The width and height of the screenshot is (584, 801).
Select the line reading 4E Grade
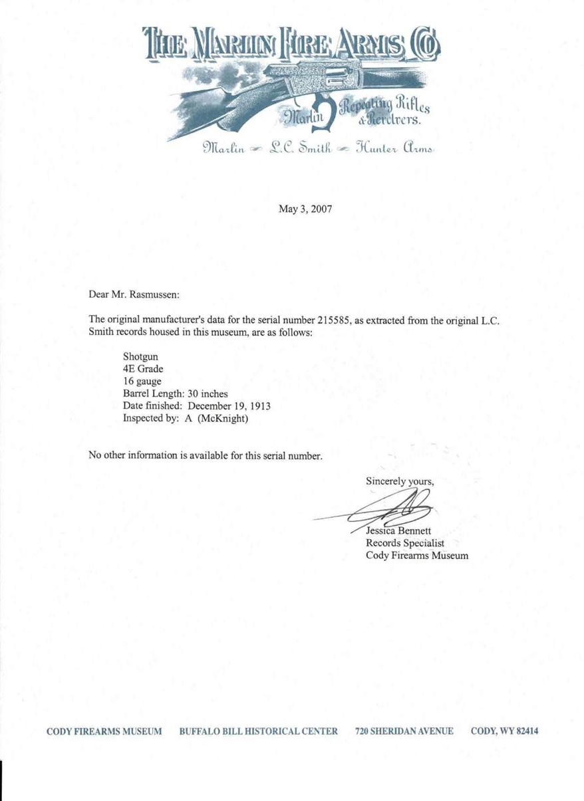(143, 369)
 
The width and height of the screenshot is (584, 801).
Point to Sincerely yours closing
(399, 480)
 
